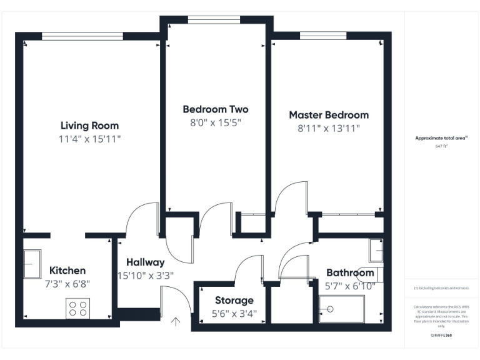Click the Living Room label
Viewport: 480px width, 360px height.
click(89, 126)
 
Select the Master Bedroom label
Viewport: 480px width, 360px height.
click(328, 115)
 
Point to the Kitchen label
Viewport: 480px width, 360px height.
click(67, 271)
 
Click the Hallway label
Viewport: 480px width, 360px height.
click(145, 262)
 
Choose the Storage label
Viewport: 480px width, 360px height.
click(234, 301)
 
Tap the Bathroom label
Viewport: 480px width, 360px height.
click(350, 273)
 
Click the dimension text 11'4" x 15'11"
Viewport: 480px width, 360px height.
click(89, 139)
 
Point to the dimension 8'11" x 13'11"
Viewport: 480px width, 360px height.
click(328, 129)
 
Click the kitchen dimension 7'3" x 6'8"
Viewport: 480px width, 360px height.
click(67, 283)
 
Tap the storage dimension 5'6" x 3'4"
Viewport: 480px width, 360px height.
click(234, 313)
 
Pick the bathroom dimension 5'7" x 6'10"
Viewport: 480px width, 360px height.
click(350, 286)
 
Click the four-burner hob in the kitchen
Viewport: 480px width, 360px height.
click(77, 308)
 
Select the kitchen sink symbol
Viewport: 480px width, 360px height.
click(32, 264)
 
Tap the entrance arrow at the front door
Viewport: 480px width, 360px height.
click(176, 322)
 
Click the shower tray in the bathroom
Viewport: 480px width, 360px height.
click(341, 309)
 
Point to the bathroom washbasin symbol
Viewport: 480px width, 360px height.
click(376, 251)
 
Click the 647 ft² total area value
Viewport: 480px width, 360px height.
click(441, 146)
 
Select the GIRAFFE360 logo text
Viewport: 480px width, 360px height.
click(441, 336)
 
